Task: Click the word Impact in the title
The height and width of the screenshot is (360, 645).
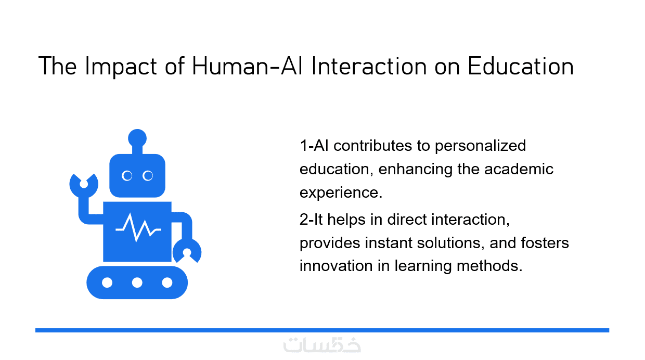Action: point(121,67)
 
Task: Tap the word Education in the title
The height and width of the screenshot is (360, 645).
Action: point(521,66)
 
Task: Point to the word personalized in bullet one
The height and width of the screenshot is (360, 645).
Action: point(480,146)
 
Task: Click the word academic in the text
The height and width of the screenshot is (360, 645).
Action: point(519,169)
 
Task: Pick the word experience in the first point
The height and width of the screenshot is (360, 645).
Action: point(341,192)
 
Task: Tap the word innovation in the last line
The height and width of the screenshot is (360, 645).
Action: point(336,265)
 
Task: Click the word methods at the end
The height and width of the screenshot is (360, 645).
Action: point(489,265)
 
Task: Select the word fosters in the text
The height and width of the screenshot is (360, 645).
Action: point(545,243)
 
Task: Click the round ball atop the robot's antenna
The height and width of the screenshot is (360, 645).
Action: point(137,138)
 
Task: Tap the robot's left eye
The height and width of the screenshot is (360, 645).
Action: point(127,176)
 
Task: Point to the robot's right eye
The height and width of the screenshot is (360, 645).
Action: point(148,176)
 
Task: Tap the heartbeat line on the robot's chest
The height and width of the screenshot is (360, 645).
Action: point(138,227)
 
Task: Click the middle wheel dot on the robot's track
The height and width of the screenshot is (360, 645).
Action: point(137,283)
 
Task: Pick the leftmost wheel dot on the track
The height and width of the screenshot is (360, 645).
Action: point(107,283)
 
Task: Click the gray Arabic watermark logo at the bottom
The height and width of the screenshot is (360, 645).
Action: point(322,345)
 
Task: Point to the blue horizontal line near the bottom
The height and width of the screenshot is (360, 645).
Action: point(322,330)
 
